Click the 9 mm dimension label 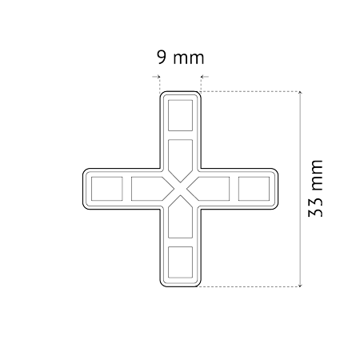[181, 57]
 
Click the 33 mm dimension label [315, 189]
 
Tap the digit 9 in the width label [162, 57]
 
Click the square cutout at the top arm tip [180, 115]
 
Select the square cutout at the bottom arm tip [180, 262]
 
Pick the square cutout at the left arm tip [107, 189]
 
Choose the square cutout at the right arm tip [254, 189]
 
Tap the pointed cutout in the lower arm [180, 217]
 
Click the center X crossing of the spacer [180, 189]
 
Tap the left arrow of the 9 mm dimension [156, 77]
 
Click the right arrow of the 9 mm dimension [205, 77]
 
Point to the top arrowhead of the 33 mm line [301, 93]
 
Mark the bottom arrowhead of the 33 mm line [301, 286]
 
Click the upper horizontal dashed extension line [250, 91]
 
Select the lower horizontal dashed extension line [250, 286]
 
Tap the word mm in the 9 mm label [189, 58]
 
